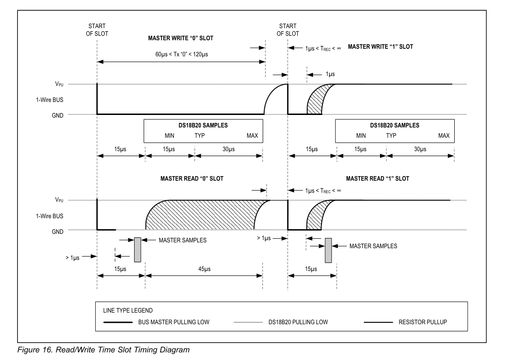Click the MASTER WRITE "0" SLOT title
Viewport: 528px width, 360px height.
pos(180,38)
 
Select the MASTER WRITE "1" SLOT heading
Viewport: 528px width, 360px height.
pos(380,47)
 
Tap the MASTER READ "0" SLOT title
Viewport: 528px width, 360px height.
pos(192,178)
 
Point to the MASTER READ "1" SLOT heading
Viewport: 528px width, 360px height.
pos(377,178)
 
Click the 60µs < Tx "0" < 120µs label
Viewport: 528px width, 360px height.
pos(180,54)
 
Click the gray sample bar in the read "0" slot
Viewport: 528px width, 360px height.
pos(137,249)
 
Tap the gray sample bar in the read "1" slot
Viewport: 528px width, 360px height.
pos(328,250)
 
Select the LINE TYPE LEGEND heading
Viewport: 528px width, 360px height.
pos(128,310)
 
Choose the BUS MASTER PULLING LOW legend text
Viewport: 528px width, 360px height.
pos(173,322)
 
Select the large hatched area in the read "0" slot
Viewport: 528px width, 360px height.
pos(201,215)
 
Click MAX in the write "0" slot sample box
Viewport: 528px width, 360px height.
pos(253,136)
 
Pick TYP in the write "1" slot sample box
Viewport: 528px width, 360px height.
pos(391,136)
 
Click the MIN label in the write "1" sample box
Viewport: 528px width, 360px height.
pos(361,136)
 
